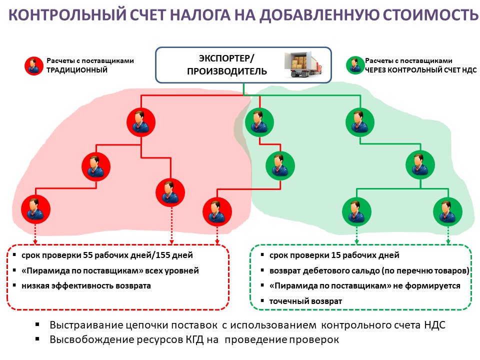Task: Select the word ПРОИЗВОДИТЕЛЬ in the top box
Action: pyautogui.click(x=227, y=71)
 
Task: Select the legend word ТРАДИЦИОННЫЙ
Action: pyautogui.click(x=77, y=70)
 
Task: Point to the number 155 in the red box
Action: pyautogui.click(x=161, y=255)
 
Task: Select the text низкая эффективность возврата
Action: pyautogui.click(x=85, y=286)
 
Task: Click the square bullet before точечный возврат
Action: pyautogui.click(x=262, y=301)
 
